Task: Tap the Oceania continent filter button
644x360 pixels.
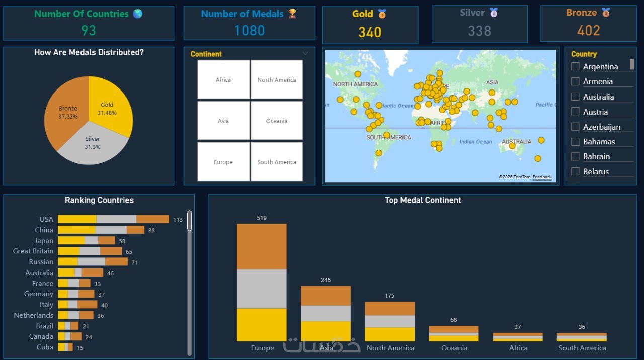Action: click(277, 121)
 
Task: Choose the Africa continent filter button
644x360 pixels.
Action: click(223, 80)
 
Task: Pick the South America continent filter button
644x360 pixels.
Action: click(277, 162)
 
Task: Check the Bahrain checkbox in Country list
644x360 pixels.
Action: click(575, 156)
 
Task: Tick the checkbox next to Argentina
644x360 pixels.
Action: click(575, 67)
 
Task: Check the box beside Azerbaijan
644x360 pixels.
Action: click(575, 127)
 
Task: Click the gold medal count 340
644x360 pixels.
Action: click(370, 32)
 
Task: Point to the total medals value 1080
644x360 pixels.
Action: click(249, 31)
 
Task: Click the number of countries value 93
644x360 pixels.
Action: click(88, 31)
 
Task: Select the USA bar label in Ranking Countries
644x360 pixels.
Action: click(46, 219)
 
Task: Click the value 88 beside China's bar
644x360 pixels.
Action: click(151, 230)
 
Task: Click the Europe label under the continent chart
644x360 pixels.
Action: click(262, 348)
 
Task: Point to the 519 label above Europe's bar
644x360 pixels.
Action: click(262, 218)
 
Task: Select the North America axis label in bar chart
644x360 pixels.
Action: click(390, 348)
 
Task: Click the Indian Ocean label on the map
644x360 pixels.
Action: click(475, 142)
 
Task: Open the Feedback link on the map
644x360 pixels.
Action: click(542, 177)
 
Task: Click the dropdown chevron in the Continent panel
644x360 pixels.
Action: click(305, 53)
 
